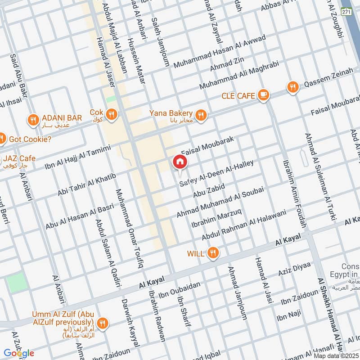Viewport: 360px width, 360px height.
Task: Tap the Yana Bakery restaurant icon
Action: tap(201, 115)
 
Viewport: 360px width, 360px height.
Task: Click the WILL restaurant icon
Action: tap(213, 254)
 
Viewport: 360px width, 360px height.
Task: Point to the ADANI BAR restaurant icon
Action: tap(33, 120)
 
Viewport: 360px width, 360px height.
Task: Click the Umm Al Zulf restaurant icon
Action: tap(103, 322)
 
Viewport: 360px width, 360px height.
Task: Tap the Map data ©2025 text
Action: tap(336, 356)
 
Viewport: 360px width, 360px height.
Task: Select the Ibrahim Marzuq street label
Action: tap(217, 217)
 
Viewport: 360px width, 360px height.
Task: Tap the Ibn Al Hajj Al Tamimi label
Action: tap(77, 157)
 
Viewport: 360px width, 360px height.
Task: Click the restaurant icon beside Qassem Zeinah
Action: tap(293, 87)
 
